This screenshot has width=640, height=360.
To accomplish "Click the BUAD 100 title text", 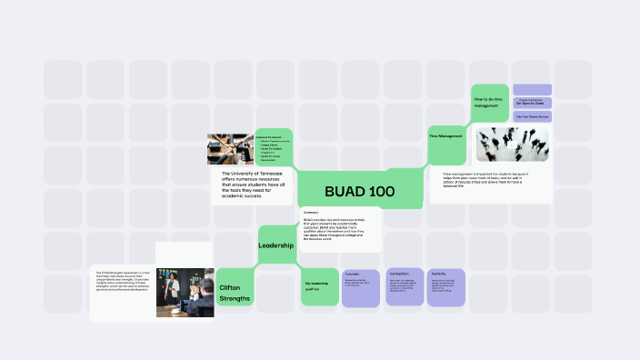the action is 359,192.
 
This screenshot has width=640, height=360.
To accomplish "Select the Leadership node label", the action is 275,245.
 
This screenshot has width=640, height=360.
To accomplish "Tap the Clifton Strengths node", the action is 235,293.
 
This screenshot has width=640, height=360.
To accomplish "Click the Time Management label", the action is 445,136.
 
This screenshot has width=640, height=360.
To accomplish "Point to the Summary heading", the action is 311,212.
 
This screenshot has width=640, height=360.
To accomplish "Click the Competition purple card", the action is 404,286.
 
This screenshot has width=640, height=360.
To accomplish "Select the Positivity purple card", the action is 446,286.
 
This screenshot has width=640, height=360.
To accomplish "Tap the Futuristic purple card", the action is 360,286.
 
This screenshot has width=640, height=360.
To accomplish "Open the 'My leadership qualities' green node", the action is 318,286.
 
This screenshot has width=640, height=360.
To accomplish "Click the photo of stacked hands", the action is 229,149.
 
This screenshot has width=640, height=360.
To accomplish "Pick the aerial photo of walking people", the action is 513,144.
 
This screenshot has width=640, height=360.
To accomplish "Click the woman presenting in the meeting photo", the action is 170,276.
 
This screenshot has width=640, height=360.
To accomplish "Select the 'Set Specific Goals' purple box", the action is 533,102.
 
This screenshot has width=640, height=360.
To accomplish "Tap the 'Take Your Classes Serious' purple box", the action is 533,116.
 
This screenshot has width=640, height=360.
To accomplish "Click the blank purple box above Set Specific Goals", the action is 533,88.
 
